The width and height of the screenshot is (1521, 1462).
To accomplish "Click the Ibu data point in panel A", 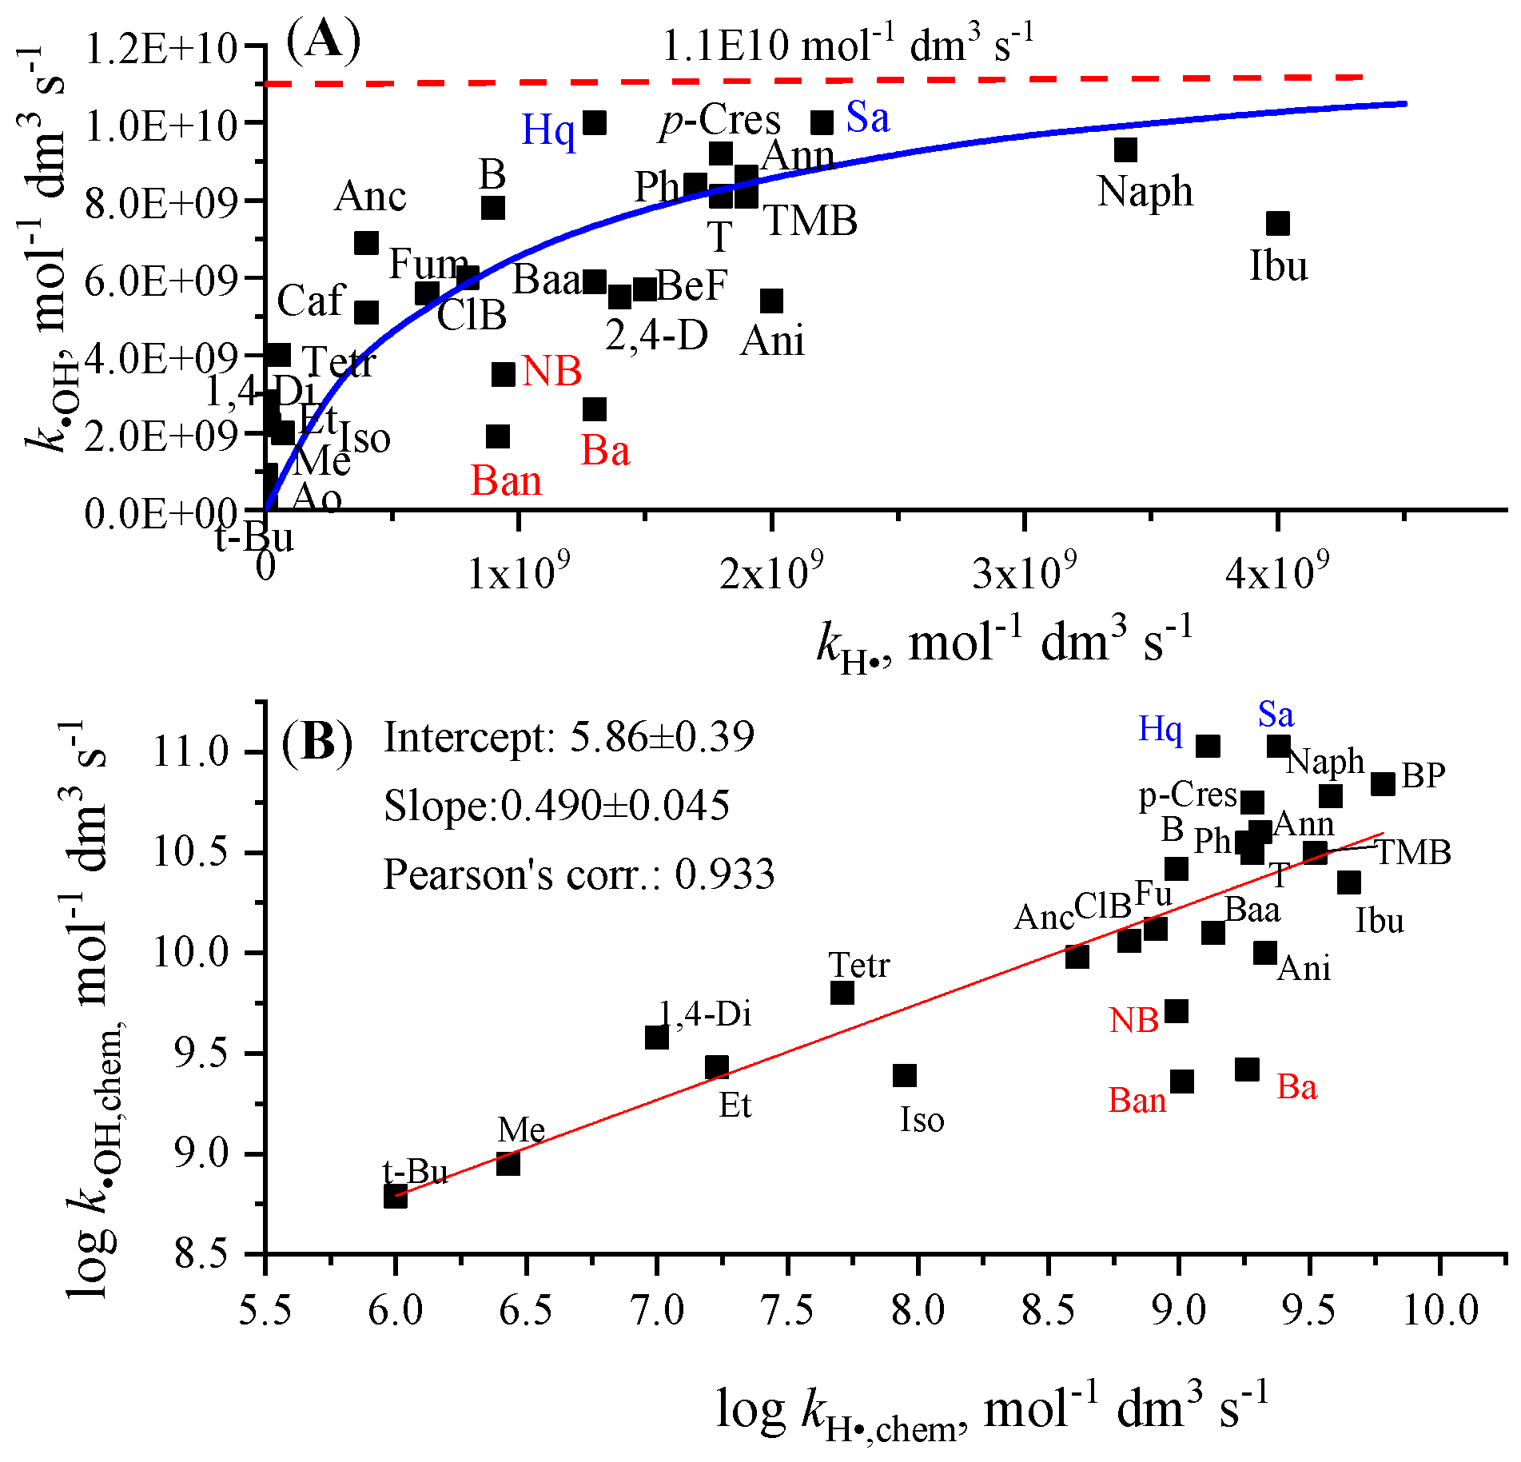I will pyautogui.click(x=1277, y=223).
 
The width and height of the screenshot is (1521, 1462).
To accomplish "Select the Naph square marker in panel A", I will pyautogui.click(x=1125, y=149).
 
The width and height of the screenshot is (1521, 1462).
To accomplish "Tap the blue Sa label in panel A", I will pyautogui.click(x=867, y=118).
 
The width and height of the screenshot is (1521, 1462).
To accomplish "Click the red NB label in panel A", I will pyautogui.click(x=551, y=372).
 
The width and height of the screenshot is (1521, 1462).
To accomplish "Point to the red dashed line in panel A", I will pyautogui.click(x=799, y=80).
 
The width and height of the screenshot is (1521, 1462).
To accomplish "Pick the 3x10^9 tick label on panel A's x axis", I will pyautogui.click(x=1024, y=572).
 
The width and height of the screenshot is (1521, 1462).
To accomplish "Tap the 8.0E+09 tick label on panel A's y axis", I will pyautogui.click(x=160, y=202).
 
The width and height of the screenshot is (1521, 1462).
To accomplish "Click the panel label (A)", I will pyautogui.click(x=323, y=40).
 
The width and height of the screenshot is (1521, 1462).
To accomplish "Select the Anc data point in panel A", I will pyautogui.click(x=366, y=243).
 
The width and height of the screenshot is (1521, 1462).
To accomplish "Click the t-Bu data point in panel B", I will pyautogui.click(x=395, y=1196).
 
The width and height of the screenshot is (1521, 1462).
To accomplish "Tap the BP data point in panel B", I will pyautogui.click(x=1383, y=784).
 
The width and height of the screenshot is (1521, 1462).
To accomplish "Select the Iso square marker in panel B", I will pyautogui.click(x=904, y=1075).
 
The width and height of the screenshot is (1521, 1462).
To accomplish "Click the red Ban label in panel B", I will pyautogui.click(x=1137, y=1101).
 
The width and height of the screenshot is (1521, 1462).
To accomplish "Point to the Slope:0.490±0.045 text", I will pyautogui.click(x=556, y=805).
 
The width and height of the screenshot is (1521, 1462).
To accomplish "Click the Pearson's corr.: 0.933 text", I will pyautogui.click(x=579, y=874).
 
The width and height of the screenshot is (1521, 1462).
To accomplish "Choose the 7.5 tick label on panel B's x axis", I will pyautogui.click(x=787, y=1310).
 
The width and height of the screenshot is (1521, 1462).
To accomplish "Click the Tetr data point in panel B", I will pyautogui.click(x=842, y=993).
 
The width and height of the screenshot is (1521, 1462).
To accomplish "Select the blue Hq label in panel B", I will pyautogui.click(x=1160, y=728).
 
